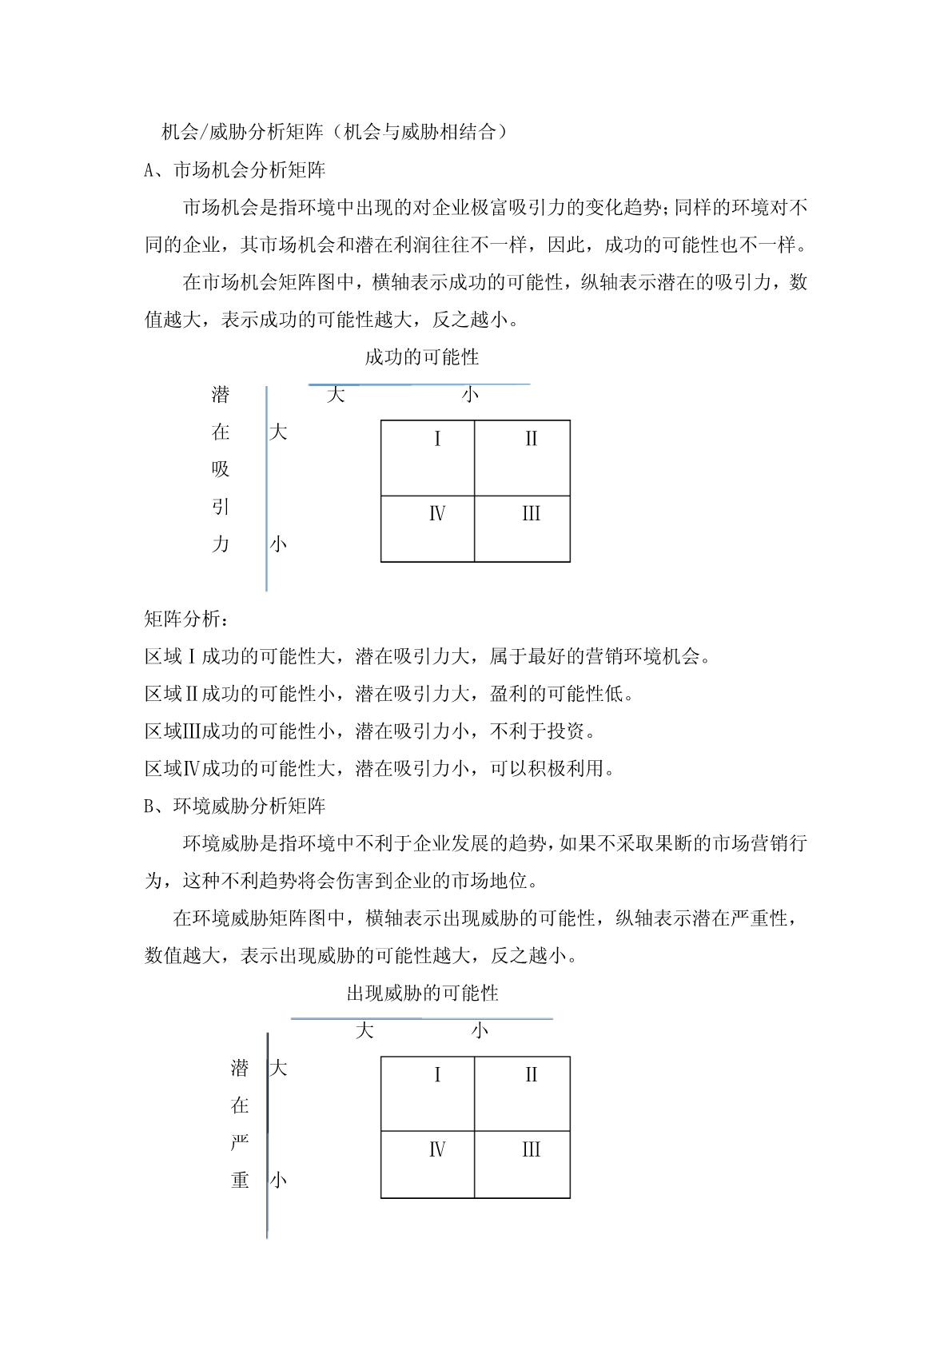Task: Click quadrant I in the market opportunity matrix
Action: point(428,458)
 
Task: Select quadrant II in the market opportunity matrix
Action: point(522,458)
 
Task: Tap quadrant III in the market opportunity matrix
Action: point(522,528)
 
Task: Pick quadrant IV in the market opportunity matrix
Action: point(428,528)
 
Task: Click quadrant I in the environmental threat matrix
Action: point(428,1093)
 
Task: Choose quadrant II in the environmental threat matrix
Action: point(522,1093)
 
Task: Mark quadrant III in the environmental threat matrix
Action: point(522,1165)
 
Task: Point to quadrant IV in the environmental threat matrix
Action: point(428,1165)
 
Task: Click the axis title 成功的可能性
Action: point(421,357)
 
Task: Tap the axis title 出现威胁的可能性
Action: point(422,994)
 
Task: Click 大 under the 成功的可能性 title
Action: point(336,394)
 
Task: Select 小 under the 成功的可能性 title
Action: point(470,394)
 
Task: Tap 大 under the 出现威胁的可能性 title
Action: point(364,1030)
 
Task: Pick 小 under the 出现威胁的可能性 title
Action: point(480,1030)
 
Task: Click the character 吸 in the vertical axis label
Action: point(221,469)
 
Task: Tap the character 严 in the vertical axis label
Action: point(240,1142)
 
